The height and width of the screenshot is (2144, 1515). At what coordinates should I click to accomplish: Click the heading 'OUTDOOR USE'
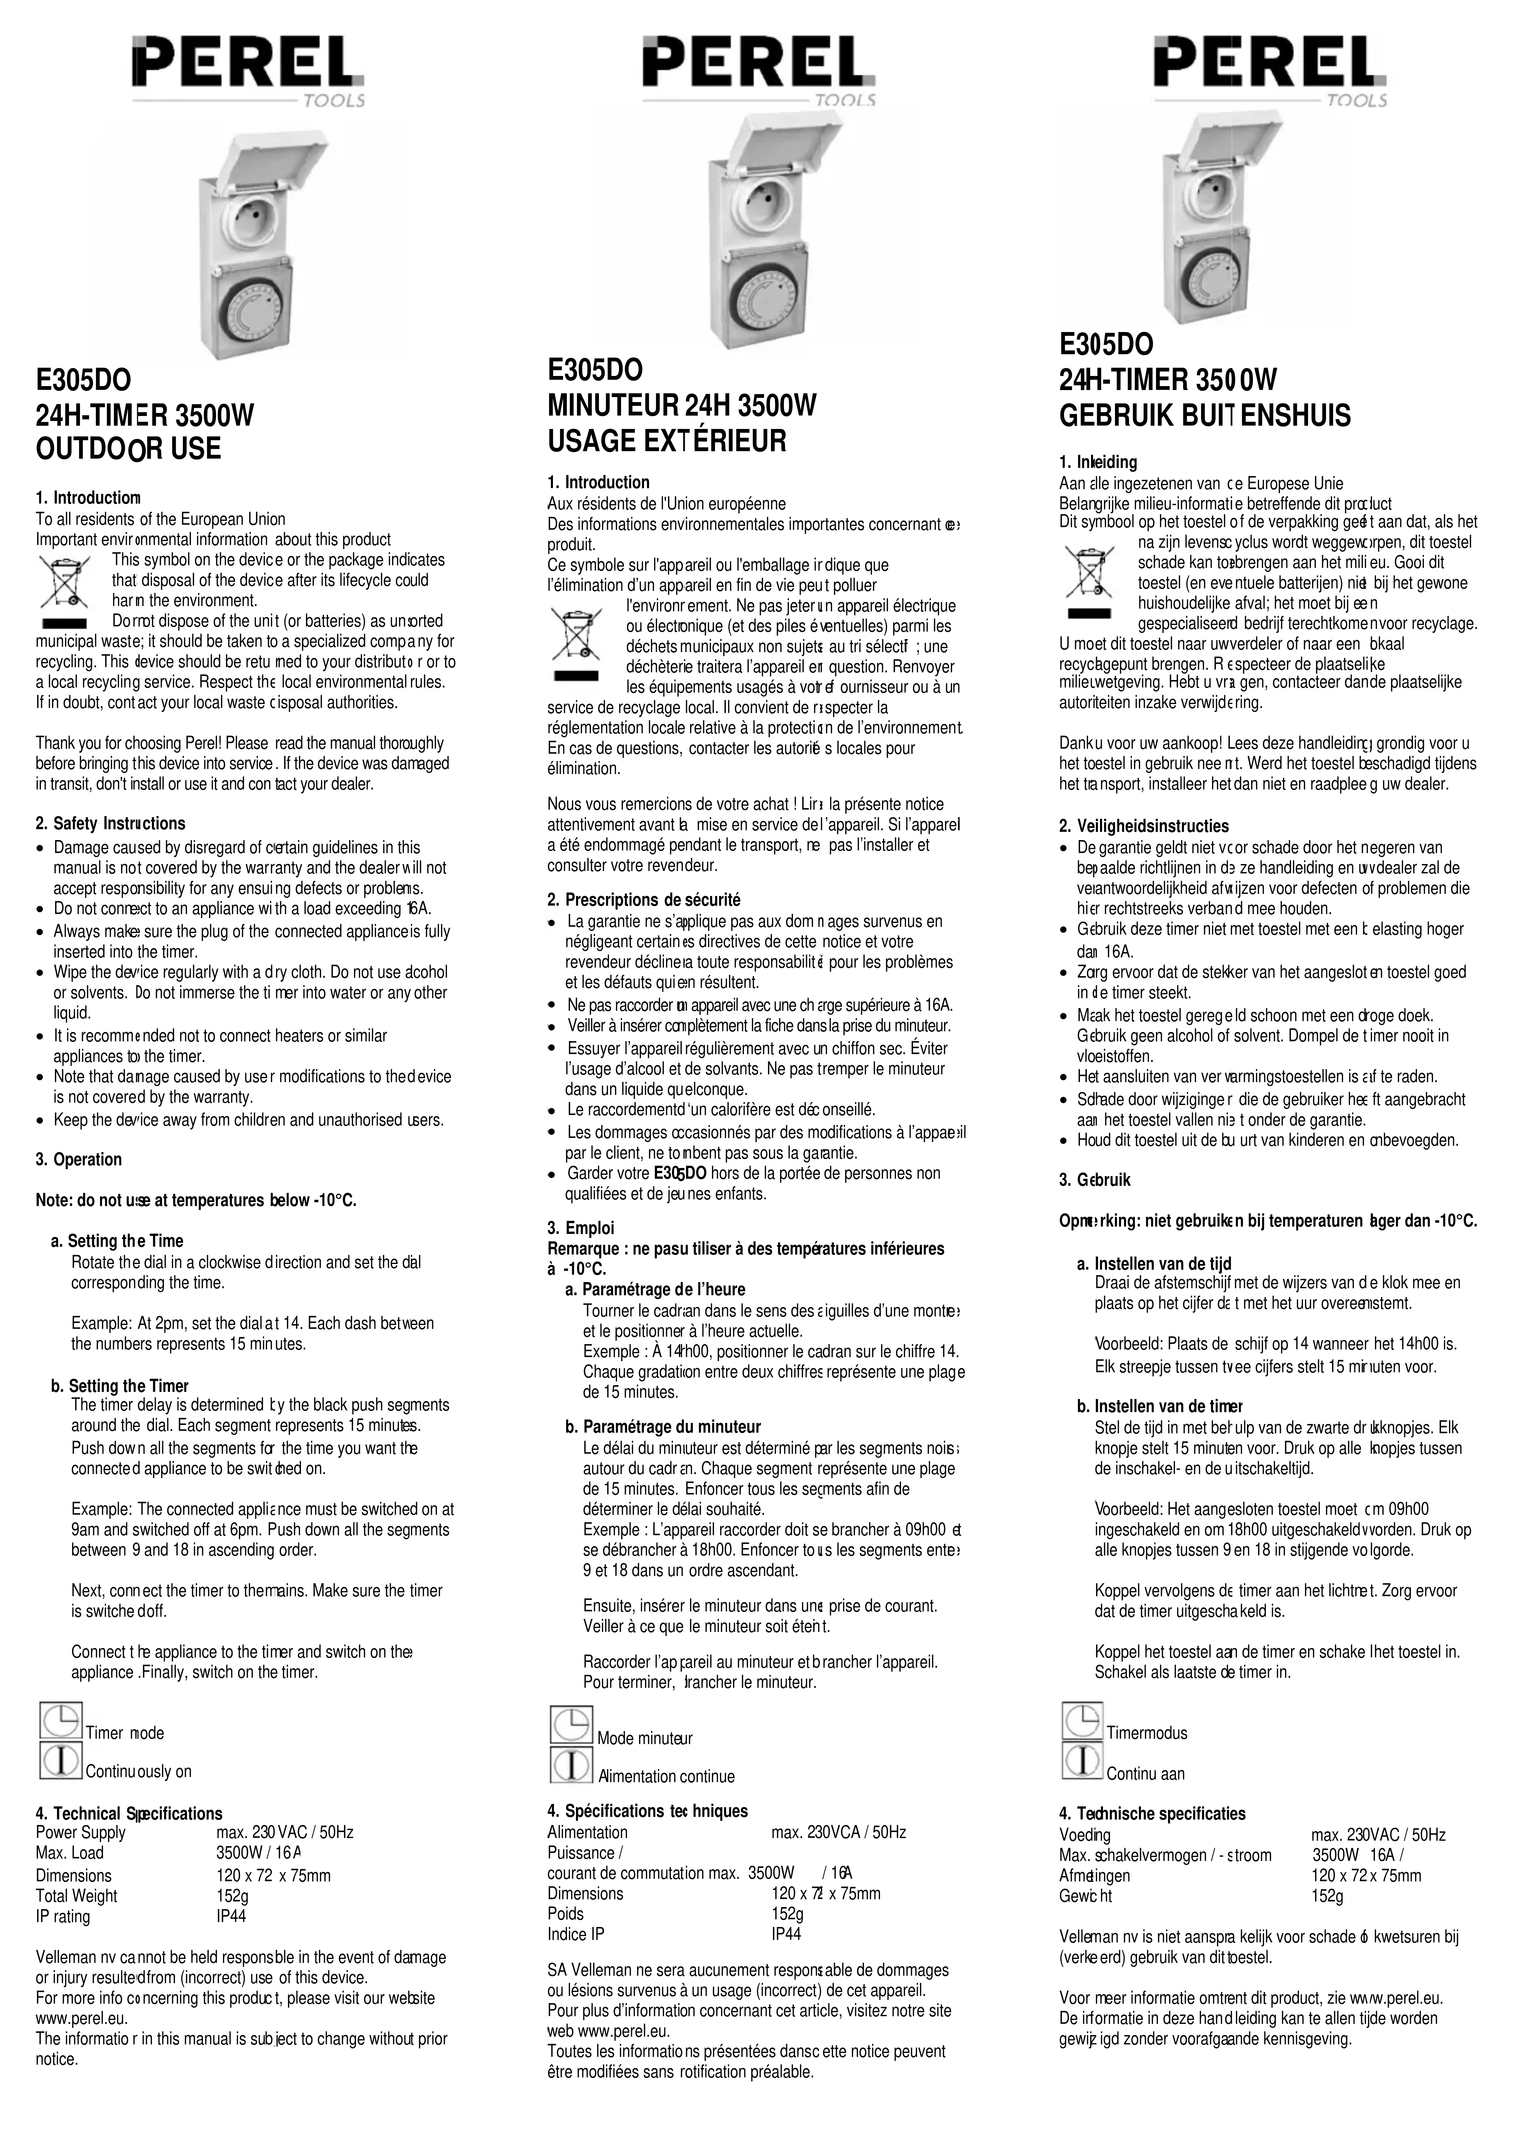pos(128,449)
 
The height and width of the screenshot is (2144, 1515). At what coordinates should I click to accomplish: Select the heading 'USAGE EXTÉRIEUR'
pos(667,441)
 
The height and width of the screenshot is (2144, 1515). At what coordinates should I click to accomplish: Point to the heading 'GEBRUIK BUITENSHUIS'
pos(1205,416)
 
